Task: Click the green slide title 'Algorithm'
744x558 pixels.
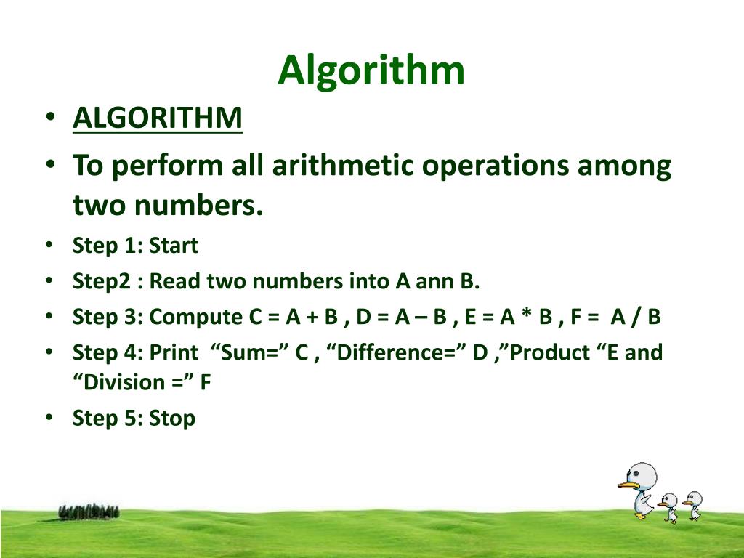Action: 371,70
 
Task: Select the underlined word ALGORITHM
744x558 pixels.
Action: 157,118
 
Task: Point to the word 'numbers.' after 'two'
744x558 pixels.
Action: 196,206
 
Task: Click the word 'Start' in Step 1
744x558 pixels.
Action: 173,246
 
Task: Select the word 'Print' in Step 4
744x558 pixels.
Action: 173,353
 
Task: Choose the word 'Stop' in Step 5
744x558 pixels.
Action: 172,418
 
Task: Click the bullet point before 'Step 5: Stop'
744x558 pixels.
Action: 48,418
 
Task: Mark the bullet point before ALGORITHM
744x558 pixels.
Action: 48,118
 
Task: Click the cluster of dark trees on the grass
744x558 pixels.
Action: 89,511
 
